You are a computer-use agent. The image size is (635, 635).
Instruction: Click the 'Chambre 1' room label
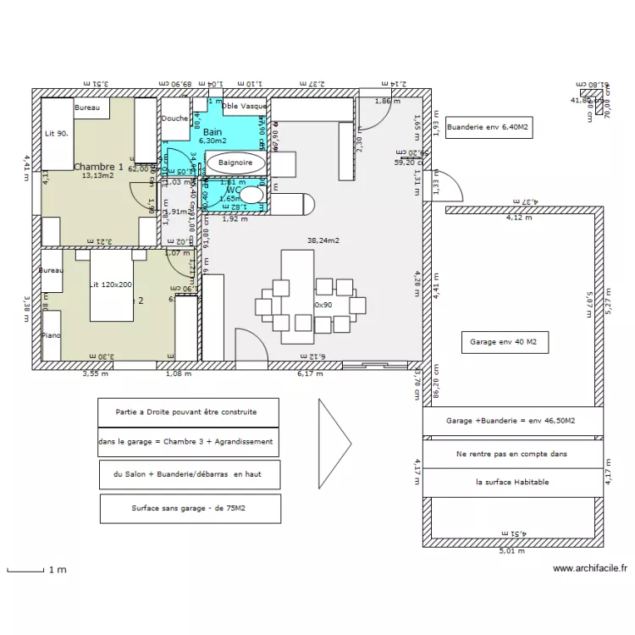click(98, 167)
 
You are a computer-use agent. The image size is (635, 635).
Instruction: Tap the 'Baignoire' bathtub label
click(235, 162)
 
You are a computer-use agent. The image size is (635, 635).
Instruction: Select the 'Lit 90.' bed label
click(57, 134)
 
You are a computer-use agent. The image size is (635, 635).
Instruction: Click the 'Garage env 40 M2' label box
click(504, 343)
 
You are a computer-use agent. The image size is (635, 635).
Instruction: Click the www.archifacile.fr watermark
click(589, 569)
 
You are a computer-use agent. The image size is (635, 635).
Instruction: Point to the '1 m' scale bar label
click(58, 571)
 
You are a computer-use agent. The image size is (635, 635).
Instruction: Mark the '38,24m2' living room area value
click(323, 240)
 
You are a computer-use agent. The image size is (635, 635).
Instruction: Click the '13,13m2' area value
click(97, 177)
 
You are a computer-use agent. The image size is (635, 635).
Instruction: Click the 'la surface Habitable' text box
click(511, 482)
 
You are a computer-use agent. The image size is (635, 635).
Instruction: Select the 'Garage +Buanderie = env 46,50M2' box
click(511, 421)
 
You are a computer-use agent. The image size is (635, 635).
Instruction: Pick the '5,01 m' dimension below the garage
click(513, 551)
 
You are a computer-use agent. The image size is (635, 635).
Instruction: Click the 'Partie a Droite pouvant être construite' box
click(187, 412)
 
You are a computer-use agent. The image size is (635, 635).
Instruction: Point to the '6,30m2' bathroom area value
click(213, 141)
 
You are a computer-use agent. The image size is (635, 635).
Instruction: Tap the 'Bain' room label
click(212, 132)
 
